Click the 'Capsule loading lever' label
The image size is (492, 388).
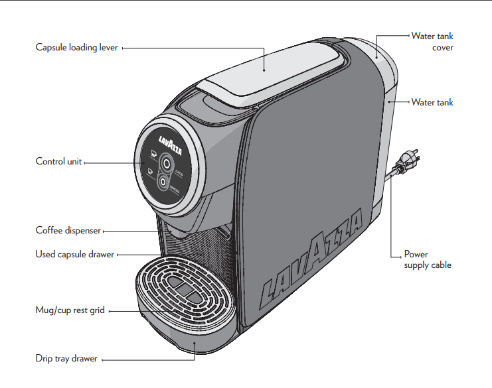76,48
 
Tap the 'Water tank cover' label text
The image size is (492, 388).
432,42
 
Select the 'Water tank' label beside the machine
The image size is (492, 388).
432,102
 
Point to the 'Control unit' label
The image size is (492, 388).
59,161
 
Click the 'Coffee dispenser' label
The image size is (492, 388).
68,231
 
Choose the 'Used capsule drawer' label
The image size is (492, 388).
74,254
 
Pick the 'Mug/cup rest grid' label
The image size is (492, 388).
70,310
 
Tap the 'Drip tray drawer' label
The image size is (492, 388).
66,359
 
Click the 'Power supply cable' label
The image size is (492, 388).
428,259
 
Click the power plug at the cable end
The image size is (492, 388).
407,160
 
